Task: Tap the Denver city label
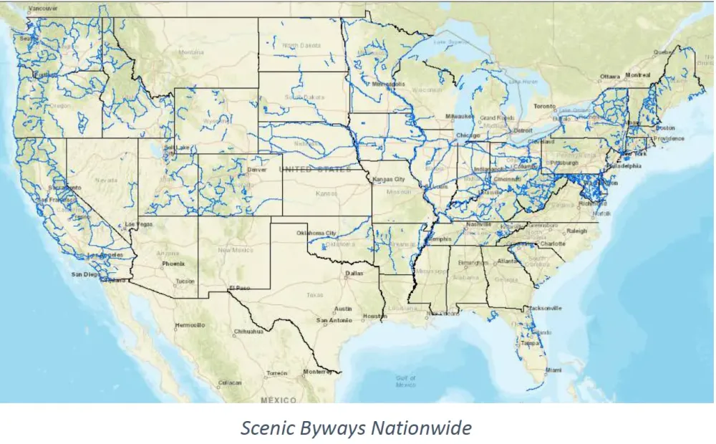point(257,170)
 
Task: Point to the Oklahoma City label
point(316,233)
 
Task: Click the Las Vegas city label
point(140,224)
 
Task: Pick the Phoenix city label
point(173,263)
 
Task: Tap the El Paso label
point(239,288)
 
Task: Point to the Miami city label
point(551,370)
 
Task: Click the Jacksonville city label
point(545,308)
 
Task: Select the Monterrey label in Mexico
point(318,372)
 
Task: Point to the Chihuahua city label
point(248,332)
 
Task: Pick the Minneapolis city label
point(388,84)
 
